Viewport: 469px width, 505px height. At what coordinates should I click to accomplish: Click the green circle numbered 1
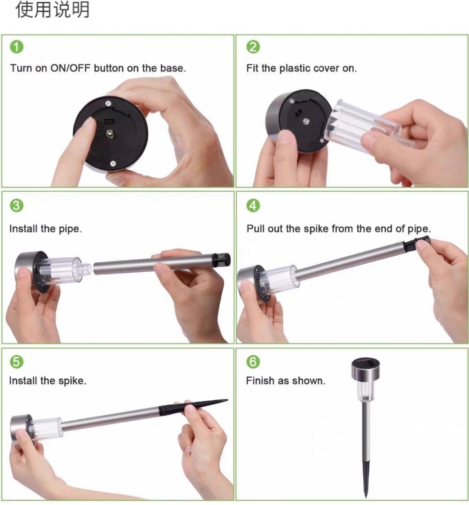coord(17,47)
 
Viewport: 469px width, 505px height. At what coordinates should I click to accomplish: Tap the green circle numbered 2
coord(253,47)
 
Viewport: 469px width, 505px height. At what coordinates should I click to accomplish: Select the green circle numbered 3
coord(17,205)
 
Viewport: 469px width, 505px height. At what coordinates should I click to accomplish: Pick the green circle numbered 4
coord(253,205)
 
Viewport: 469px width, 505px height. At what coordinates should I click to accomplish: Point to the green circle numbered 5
coord(17,361)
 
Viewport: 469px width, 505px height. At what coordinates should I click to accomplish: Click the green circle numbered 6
coord(253,361)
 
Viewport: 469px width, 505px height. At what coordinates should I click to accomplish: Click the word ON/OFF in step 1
coord(70,68)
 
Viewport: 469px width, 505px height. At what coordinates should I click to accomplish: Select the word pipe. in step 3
coord(70,229)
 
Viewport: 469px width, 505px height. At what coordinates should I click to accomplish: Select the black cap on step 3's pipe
coord(221,260)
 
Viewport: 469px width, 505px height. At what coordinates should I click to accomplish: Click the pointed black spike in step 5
coord(193,406)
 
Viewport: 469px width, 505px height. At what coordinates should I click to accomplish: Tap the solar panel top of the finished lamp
coord(365,363)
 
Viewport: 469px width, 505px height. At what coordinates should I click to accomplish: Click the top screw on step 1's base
coord(108,103)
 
